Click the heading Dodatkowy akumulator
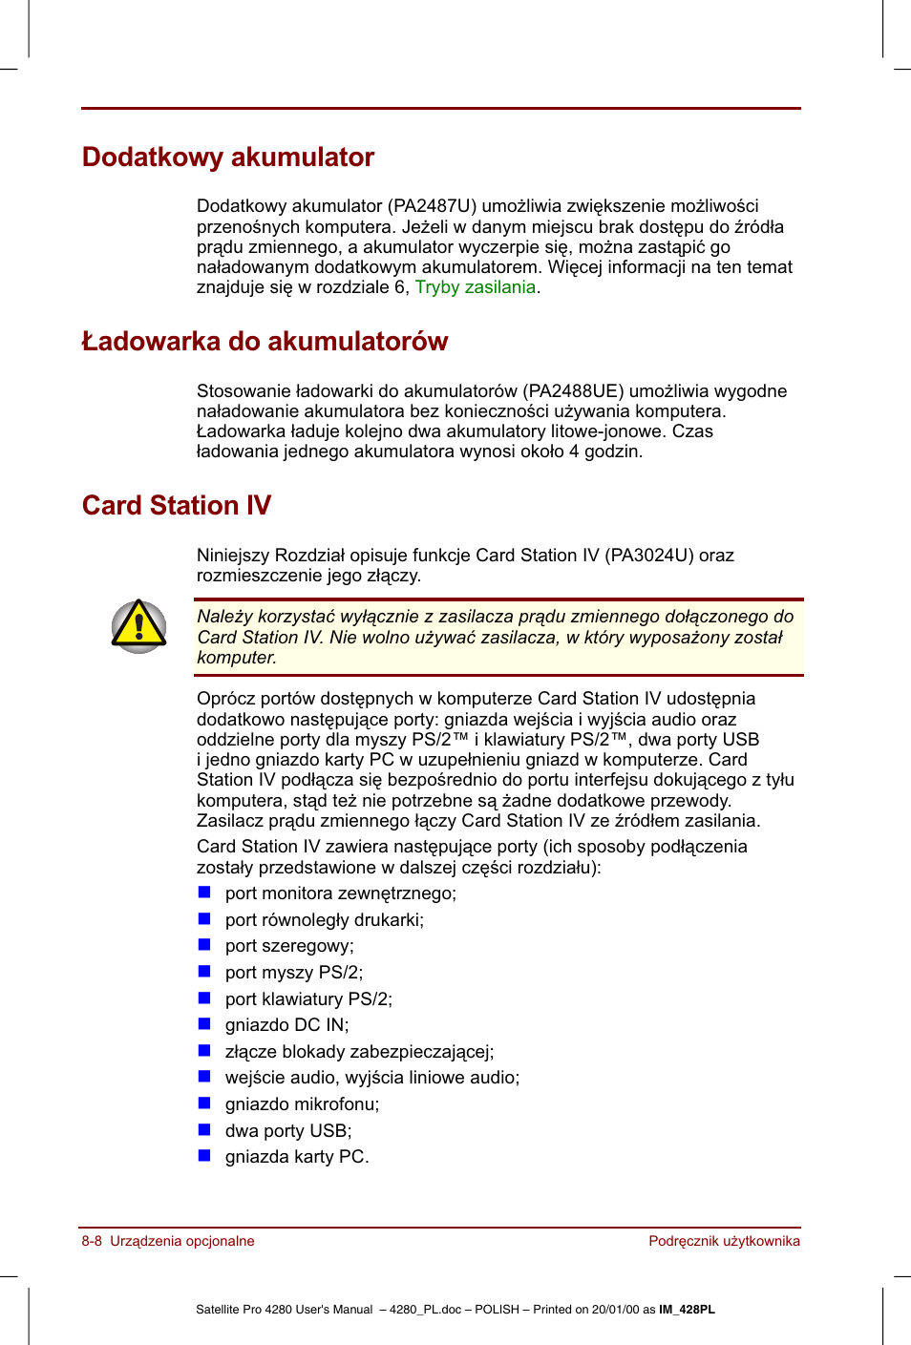pyautogui.click(x=227, y=158)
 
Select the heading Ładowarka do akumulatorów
pyautogui.click(x=265, y=342)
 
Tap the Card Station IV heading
pyautogui.click(x=177, y=506)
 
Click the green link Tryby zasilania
pyautogui.click(x=475, y=287)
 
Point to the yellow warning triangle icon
pyautogui.click(x=138, y=626)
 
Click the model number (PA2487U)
pyautogui.click(x=432, y=206)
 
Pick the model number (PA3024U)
pyautogui.click(x=649, y=556)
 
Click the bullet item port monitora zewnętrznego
pyautogui.click(x=340, y=893)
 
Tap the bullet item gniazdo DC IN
pyautogui.click(x=286, y=1025)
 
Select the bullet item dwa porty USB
pyautogui.click(x=287, y=1131)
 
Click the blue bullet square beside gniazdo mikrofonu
pyautogui.click(x=204, y=1103)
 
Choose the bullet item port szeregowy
pyautogui.click(x=289, y=946)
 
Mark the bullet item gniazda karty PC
pyautogui.click(x=296, y=1157)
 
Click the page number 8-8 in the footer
pyautogui.click(x=92, y=1241)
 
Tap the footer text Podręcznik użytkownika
pyautogui.click(x=724, y=1241)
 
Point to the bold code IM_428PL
pyautogui.click(x=687, y=1310)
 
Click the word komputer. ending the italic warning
pyautogui.click(x=237, y=658)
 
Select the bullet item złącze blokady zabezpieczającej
pyautogui.click(x=359, y=1052)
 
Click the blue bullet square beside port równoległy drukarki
pyautogui.click(x=204, y=919)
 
